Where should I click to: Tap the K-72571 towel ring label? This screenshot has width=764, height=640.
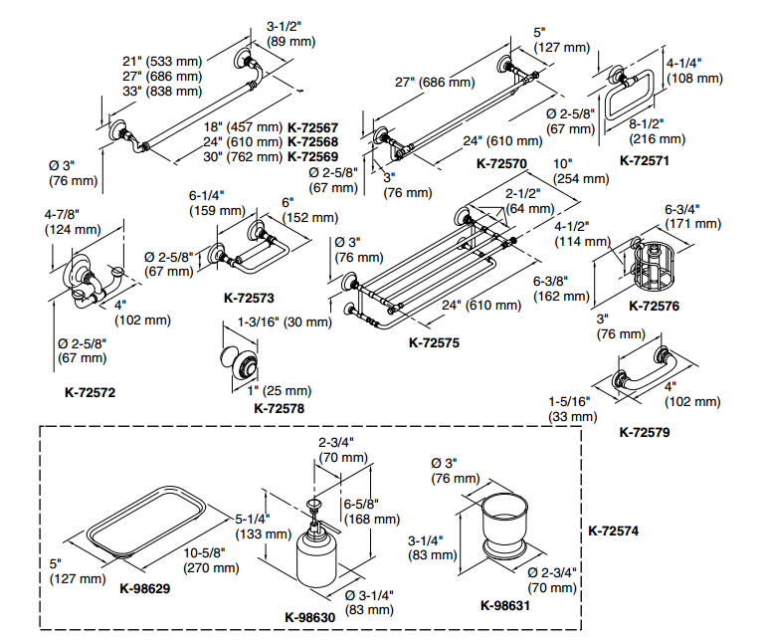point(646,159)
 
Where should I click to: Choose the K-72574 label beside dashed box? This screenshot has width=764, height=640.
point(613,532)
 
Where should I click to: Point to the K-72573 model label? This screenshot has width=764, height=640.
point(249,297)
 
